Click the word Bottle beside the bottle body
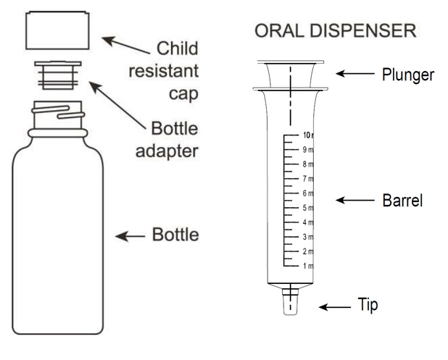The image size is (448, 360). [173, 235]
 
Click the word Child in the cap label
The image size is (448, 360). [180, 51]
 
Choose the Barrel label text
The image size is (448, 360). [402, 199]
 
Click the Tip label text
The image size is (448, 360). [367, 305]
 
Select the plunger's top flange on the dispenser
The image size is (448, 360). [290, 63]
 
